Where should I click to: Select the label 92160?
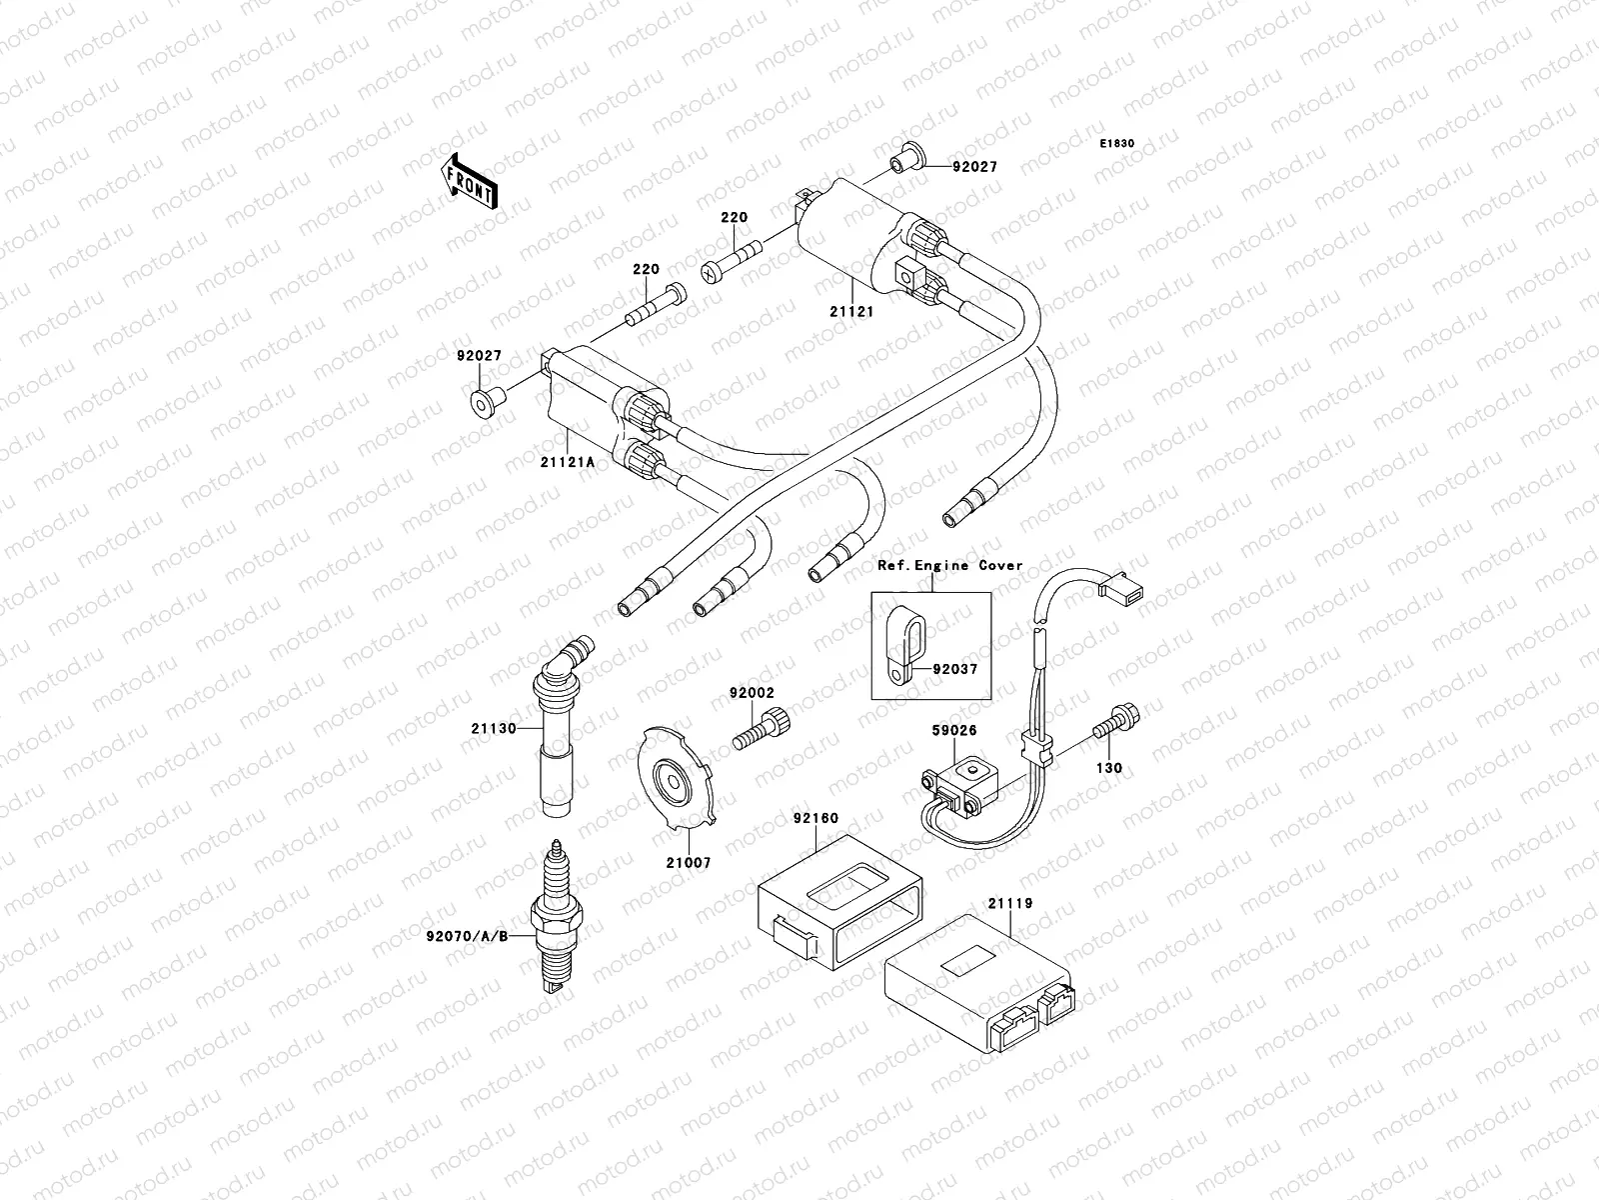tap(815, 818)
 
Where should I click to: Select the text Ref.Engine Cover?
tap(950, 566)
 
